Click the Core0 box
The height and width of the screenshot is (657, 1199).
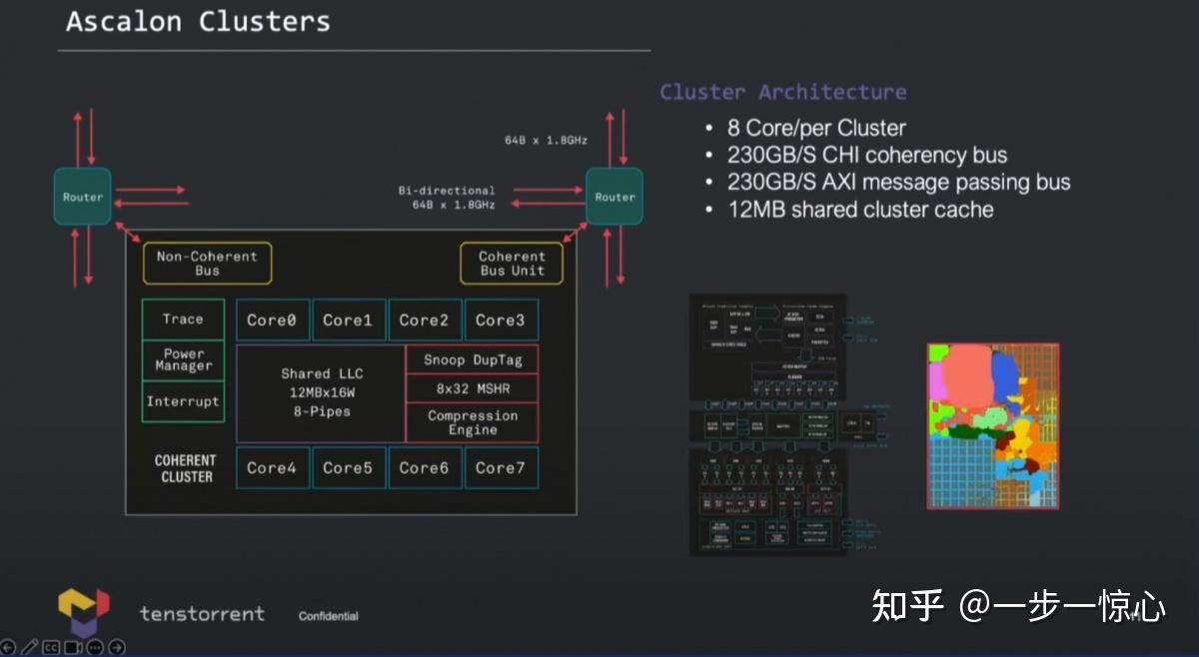tap(272, 321)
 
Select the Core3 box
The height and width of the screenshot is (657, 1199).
tap(501, 321)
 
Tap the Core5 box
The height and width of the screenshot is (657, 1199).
tap(348, 467)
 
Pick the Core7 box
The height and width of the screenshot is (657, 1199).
tap(501, 467)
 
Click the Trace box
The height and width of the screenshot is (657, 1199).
tap(183, 320)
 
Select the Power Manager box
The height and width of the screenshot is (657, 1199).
tap(183, 360)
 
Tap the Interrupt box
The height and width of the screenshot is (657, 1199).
tap(183, 401)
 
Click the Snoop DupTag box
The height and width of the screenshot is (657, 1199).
tap(472, 359)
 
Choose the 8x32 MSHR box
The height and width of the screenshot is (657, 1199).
tap(472, 388)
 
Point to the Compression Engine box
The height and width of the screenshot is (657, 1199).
tap(472, 422)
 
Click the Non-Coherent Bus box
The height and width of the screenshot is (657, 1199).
tap(207, 264)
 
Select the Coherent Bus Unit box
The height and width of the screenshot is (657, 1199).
tap(512, 264)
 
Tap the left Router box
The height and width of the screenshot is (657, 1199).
tap(83, 197)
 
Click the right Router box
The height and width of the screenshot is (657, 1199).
tap(614, 197)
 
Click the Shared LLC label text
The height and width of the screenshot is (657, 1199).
tap(321, 373)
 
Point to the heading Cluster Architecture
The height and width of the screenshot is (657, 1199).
tap(782, 92)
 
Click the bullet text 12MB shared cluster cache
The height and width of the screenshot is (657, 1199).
tap(860, 210)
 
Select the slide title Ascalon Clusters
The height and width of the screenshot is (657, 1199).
tap(198, 21)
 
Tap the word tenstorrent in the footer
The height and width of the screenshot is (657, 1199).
tap(202, 613)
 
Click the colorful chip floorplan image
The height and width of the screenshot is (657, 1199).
tap(992, 426)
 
